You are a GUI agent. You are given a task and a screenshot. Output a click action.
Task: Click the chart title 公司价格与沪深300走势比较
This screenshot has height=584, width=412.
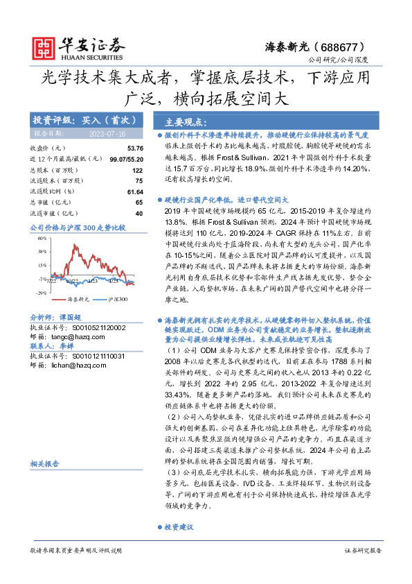78,227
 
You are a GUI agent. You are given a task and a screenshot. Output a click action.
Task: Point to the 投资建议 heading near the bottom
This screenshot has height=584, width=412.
179,527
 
